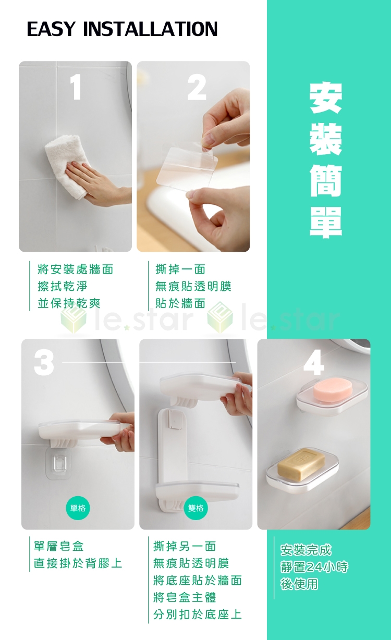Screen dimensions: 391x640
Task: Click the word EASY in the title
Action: coord(51,29)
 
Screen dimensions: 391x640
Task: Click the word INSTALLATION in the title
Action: coord(150,29)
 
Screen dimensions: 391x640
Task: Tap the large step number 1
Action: coord(76,87)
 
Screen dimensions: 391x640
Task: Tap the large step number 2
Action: coord(197,87)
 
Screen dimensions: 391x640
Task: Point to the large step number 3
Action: coord(44,363)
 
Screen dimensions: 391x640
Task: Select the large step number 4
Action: coord(313,363)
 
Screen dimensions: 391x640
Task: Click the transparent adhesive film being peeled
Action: coord(187,165)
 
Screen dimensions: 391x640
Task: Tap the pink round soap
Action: coord(328,389)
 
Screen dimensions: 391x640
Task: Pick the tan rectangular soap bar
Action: coord(301,464)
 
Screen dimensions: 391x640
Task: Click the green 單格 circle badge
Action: coord(78,508)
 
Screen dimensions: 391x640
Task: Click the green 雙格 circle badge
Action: coord(196,508)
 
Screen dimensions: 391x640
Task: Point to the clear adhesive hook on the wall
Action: coord(58,463)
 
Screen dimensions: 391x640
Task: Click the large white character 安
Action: coord(326,98)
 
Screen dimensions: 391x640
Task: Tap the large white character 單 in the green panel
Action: coord(326,222)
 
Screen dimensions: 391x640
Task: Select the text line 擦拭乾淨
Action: coord(63,286)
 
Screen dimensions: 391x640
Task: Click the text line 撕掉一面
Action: coord(180,269)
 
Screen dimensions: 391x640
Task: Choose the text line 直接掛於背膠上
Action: coord(78,563)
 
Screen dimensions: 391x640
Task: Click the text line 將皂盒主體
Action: coord(185,597)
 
